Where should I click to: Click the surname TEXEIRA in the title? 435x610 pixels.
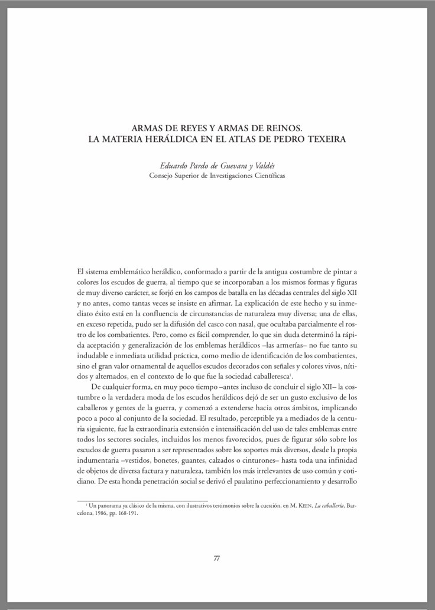(x=326, y=139)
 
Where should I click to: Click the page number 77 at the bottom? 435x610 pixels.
(x=217, y=559)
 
